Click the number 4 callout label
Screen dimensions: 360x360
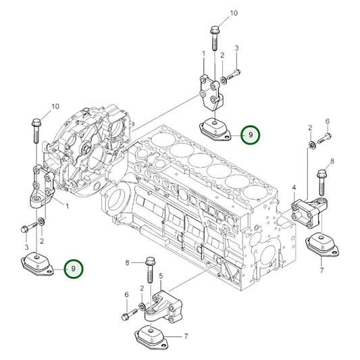coord(294,188)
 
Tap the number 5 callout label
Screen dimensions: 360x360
coord(161,276)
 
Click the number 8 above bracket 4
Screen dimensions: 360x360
coord(332,161)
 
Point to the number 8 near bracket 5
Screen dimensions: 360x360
coord(127,263)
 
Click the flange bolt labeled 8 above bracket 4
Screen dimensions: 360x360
coord(322,182)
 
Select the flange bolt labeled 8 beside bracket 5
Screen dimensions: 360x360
coord(150,270)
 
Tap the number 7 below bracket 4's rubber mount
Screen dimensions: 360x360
coord(322,270)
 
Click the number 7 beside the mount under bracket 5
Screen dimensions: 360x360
coord(186,336)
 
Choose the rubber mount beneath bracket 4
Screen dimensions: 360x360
coord(322,245)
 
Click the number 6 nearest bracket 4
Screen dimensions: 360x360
coord(328,121)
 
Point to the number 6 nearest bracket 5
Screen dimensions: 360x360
coord(127,294)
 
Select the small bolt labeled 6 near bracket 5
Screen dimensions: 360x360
coord(130,314)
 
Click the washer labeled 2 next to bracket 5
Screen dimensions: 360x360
coord(142,306)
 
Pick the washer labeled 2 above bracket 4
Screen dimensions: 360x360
coord(312,145)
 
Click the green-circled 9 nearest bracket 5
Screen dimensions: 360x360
coord(73,269)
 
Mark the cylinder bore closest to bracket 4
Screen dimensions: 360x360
coord(255,192)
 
